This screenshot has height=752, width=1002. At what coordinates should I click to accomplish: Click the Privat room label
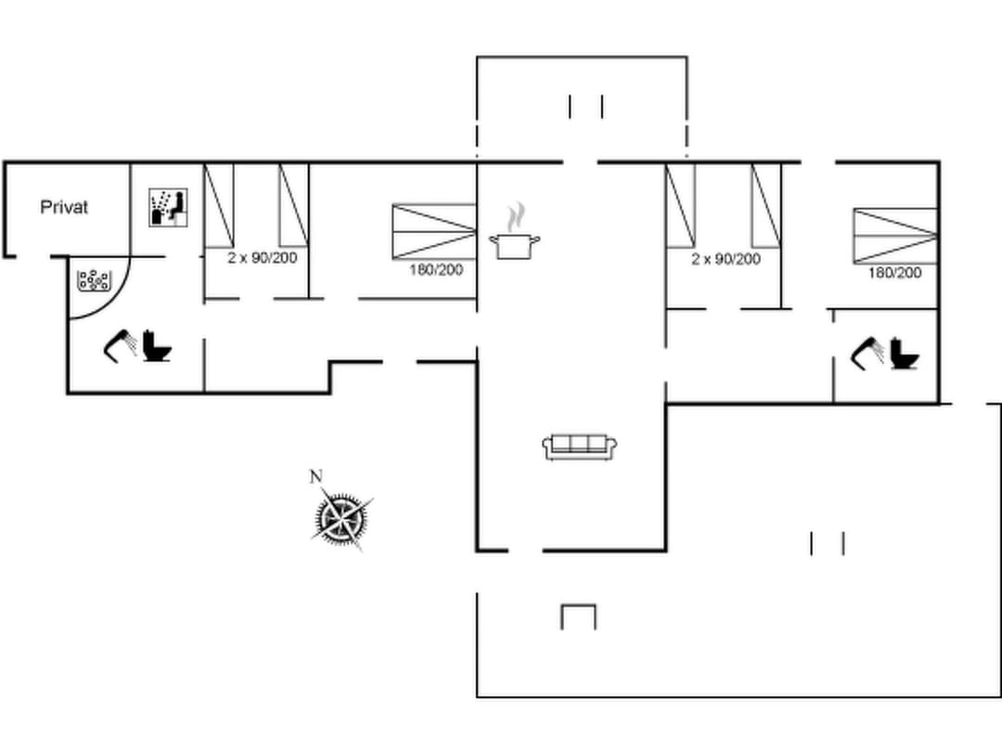pos(64,207)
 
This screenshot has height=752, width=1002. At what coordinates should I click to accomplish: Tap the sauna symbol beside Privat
pos(169,207)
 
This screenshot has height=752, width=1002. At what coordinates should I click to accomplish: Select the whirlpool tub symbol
pos(94,279)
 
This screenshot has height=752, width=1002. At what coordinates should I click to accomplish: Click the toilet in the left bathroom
pos(159,347)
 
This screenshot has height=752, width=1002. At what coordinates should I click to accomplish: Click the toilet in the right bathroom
pos(905,354)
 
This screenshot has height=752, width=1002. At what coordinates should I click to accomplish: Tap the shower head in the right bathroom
pos(868,353)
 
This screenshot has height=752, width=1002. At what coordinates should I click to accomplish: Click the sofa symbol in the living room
pos(580,447)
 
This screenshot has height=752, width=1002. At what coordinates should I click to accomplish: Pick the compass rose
pos(340,518)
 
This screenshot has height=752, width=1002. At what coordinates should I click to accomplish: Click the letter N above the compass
pos(315,477)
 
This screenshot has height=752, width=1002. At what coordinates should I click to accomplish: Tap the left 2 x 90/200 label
pos(263,258)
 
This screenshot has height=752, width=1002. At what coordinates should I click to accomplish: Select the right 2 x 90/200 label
pos(726,259)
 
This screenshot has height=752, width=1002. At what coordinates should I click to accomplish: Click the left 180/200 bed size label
pos(436,270)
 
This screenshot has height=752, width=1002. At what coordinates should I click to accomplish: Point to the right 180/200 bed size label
pos(895,273)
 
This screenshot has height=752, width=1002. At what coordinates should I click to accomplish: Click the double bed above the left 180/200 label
pos(434,230)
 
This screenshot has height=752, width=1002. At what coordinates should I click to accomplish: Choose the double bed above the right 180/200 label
pos(895,236)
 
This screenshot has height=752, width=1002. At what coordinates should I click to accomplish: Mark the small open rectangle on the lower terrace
pos(578,616)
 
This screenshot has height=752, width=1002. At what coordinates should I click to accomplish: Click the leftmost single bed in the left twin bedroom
pos(219,205)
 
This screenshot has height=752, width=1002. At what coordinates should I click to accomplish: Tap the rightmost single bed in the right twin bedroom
pos(765,206)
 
